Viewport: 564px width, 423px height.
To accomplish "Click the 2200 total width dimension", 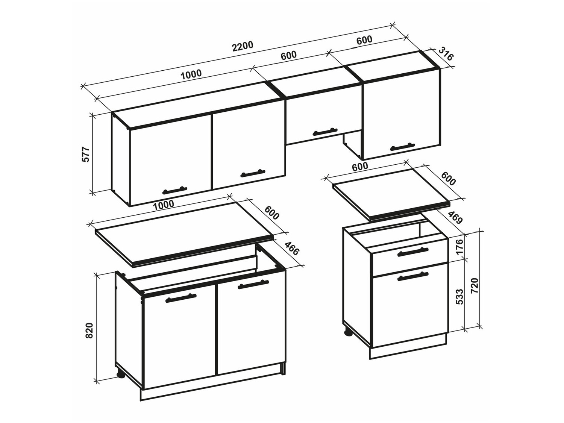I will pos(243,47).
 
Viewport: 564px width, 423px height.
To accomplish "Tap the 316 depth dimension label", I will pos(446,54).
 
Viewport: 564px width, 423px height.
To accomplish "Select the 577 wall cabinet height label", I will pos(86,154).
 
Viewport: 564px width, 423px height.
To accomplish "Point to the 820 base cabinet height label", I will pos(89,330).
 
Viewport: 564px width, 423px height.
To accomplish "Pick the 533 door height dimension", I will pos(459,296).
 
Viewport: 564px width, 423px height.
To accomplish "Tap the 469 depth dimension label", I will pos(455,218).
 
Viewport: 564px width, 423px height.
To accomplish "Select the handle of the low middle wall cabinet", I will pos(325,132).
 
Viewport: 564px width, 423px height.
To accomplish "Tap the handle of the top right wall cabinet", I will pos(402,147).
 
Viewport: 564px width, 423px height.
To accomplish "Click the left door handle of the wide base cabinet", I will pos(181,298).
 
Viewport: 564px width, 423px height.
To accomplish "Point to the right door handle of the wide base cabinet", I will pos(253,285).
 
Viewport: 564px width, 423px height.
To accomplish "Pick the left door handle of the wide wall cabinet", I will pos(174,190).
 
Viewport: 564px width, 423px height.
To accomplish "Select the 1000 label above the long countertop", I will pos(164,204).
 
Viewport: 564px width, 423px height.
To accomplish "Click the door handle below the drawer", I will pos(412,277).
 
